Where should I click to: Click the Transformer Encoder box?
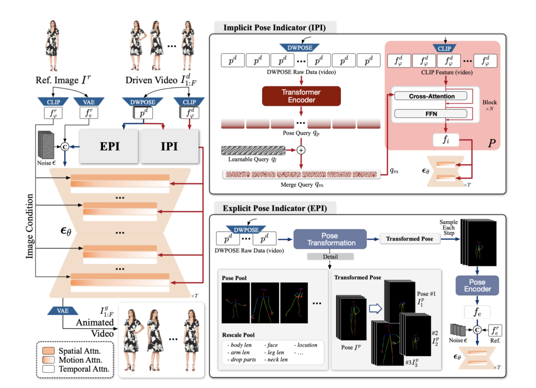(x=301, y=95)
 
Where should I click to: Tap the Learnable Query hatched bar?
(x=253, y=150)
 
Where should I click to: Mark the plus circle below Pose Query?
(x=301, y=150)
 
